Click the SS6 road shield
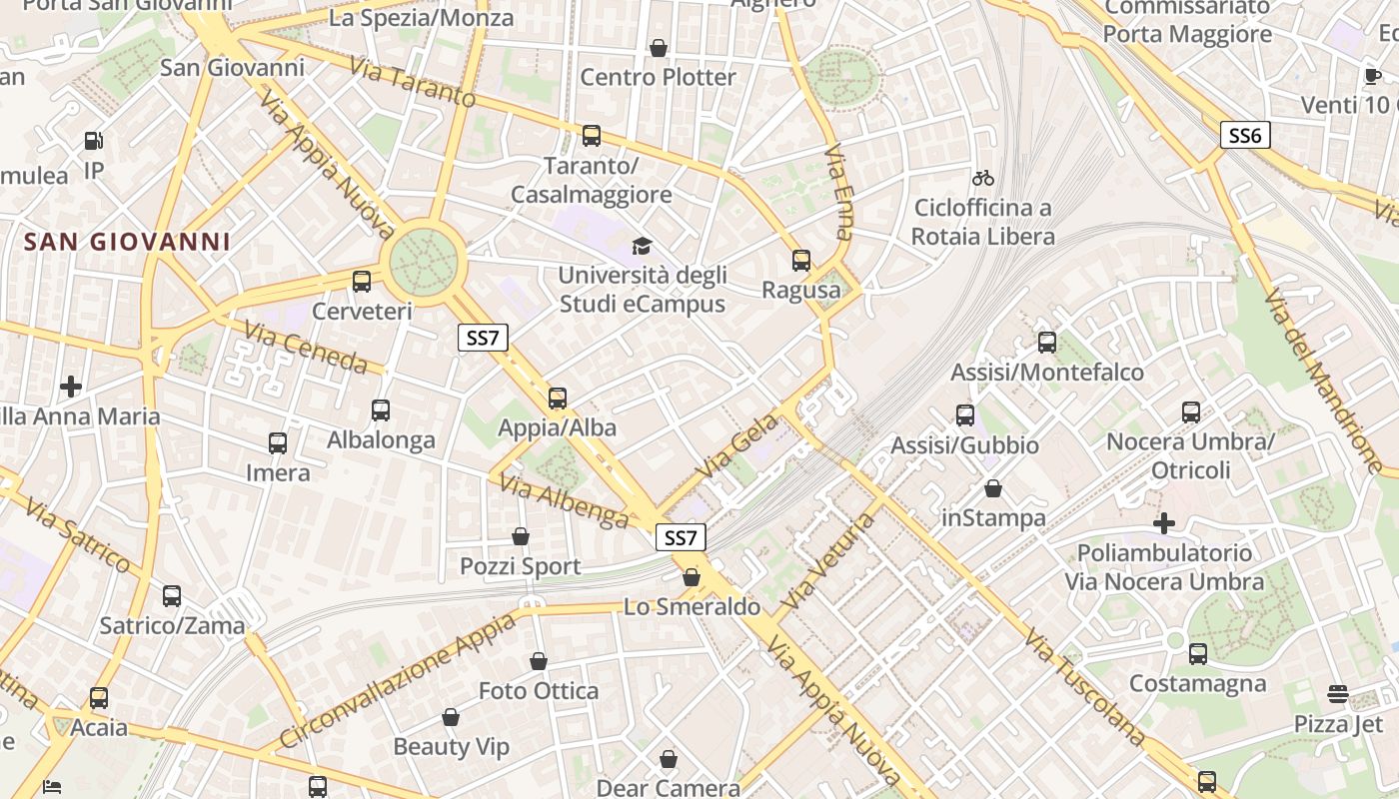(x=1244, y=135)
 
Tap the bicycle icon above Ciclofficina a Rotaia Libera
(x=983, y=178)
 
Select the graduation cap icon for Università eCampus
(x=641, y=246)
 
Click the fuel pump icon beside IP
(x=94, y=142)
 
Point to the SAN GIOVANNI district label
(x=127, y=242)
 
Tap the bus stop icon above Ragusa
(x=800, y=261)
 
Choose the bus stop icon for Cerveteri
(x=362, y=282)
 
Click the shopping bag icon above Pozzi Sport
(x=521, y=537)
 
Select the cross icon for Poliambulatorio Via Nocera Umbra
(x=1163, y=522)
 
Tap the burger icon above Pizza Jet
(x=1338, y=694)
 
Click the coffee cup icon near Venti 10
(x=1373, y=77)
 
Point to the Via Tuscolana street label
(x=1083, y=687)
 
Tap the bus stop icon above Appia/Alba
(x=558, y=399)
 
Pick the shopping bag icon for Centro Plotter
(x=659, y=48)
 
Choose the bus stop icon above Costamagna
(x=1197, y=654)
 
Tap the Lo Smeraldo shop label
(x=692, y=606)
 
